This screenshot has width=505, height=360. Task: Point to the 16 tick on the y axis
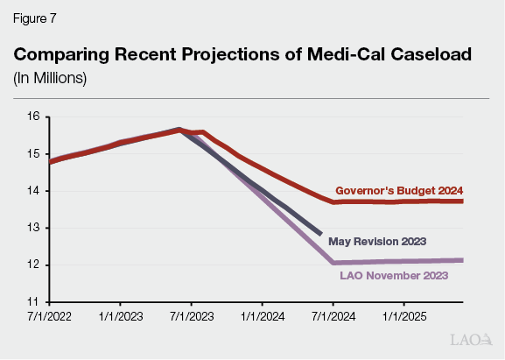pos(32,116)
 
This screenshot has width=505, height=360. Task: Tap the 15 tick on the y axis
pos(32,153)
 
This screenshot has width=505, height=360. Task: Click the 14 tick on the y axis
pos(32,190)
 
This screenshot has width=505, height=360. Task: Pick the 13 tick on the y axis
pos(32,228)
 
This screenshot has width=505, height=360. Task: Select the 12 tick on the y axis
pos(32,265)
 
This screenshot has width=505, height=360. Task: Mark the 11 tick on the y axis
pos(32,301)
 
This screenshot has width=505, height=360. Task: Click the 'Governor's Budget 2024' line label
pos(399,190)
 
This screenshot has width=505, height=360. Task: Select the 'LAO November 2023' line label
pos(393,276)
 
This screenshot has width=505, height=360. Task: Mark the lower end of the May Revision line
pos(320,234)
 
